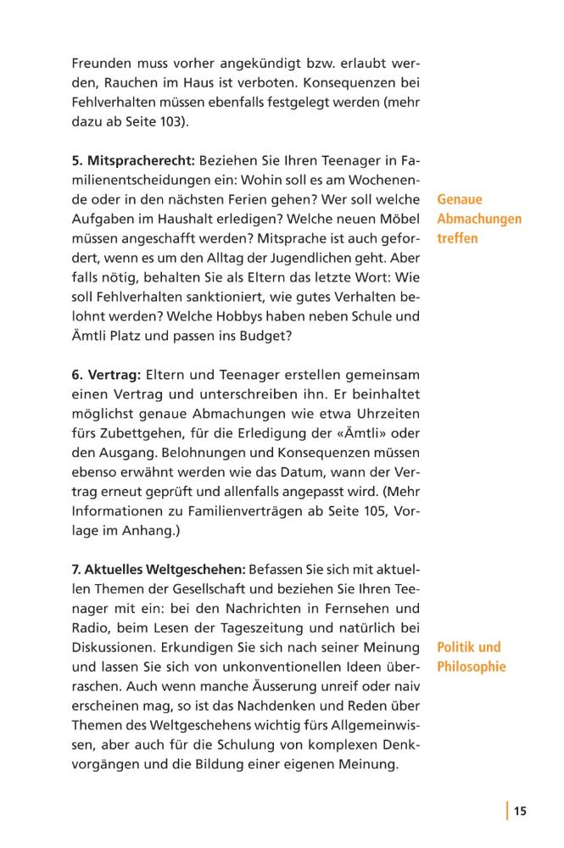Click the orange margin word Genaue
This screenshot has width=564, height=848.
coord(460,200)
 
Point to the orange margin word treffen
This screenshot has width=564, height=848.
coord(458,238)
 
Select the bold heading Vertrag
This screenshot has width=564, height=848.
coord(113,376)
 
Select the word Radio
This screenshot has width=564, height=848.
coord(90,628)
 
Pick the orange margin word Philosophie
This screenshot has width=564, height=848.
coord(472,667)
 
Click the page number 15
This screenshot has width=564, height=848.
coord(520,812)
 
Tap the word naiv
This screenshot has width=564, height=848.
coord(405,687)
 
